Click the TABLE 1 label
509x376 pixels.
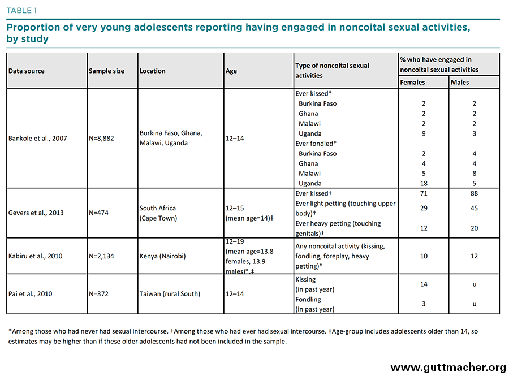[x=21, y=11]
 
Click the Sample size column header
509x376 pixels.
[x=106, y=71]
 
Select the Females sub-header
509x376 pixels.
[x=412, y=83]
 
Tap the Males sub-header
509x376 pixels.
[x=460, y=83]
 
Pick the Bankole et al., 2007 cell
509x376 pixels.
[x=38, y=138]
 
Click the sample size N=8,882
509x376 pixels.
[x=101, y=138]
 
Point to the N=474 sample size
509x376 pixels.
[x=98, y=213]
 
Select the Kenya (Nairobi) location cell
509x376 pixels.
[x=163, y=256]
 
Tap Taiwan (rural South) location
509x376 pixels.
[x=170, y=294]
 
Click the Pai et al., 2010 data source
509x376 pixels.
[x=30, y=294]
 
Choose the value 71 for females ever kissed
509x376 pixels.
[x=424, y=193]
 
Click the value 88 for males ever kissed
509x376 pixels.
[x=474, y=193]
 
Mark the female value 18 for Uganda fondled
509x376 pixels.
[x=424, y=183]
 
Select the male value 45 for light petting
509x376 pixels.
[x=474, y=208]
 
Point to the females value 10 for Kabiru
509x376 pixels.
[x=424, y=256]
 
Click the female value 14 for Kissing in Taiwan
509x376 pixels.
[x=424, y=284]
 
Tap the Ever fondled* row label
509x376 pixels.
[x=316, y=144]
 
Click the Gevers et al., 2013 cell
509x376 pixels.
[x=36, y=213]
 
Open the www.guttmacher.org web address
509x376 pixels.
[x=448, y=368]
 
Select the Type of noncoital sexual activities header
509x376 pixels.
[x=332, y=71]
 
